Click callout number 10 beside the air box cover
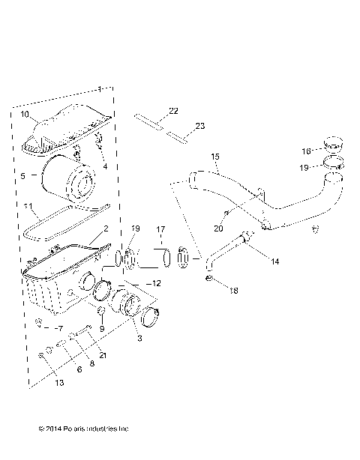tap(24, 115)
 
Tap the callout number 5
tap(22, 176)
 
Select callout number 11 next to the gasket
tap(27, 205)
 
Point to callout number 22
tap(173, 111)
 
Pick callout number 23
tap(199, 126)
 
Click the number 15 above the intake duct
tap(214, 157)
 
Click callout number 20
tap(219, 228)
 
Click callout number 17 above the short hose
tap(160, 230)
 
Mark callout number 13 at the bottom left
tap(58, 383)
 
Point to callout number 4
tap(106, 166)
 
